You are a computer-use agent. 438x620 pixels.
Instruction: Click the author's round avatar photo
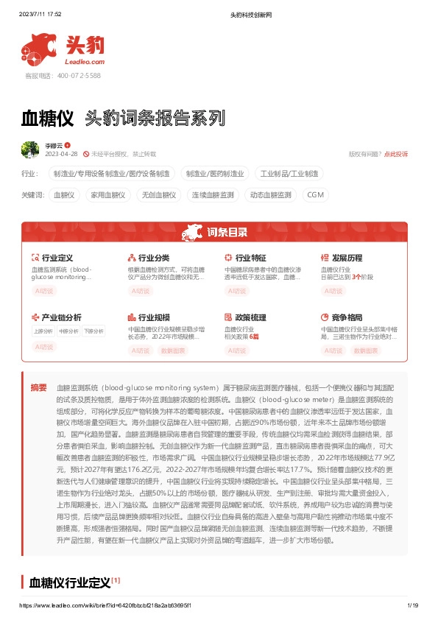[x=30, y=149]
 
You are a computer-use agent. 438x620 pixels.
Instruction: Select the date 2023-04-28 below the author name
[x=62, y=154]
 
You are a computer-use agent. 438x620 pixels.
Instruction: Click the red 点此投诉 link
[x=396, y=154]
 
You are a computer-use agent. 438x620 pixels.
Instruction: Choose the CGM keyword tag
[x=315, y=195]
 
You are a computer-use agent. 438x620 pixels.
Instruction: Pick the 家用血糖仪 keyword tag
[x=107, y=195]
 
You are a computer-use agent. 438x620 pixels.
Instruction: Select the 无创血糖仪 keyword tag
[x=158, y=195]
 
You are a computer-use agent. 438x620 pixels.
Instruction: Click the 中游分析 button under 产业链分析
[x=68, y=331]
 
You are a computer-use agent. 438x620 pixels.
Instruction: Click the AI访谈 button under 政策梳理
[x=236, y=350]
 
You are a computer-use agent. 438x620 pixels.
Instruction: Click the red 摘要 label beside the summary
[x=38, y=387]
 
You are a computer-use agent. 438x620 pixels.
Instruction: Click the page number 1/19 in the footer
[x=412, y=605]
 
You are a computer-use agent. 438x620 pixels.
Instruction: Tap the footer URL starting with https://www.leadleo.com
[x=107, y=605]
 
